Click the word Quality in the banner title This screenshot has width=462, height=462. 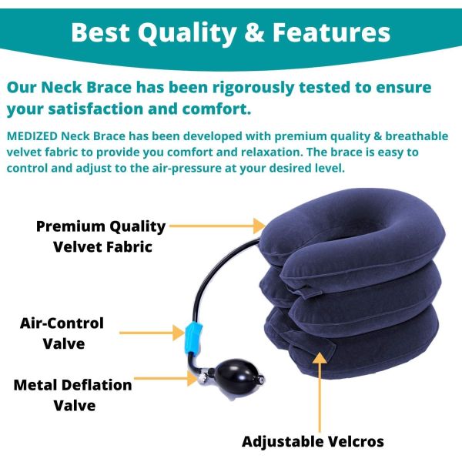pyautogui.click(x=183, y=33)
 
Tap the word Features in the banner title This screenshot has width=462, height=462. pyautogui.click(x=332, y=33)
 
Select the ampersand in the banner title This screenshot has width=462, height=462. pyautogui.click(x=254, y=33)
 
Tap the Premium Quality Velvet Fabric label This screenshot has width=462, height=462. pyautogui.click(x=101, y=236)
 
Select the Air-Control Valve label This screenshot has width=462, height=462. pyautogui.click(x=62, y=333)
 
